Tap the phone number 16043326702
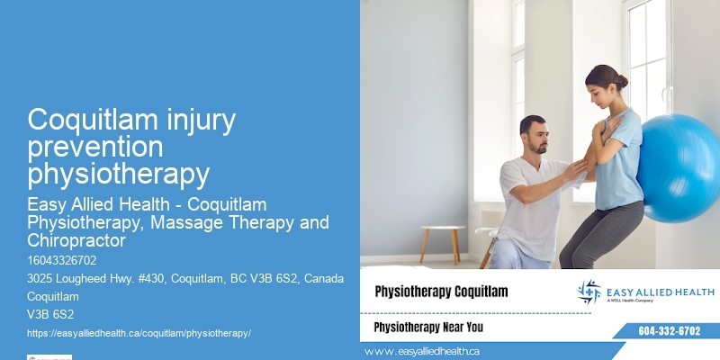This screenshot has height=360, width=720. pos(62,261)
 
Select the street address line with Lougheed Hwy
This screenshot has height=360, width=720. pos(185,278)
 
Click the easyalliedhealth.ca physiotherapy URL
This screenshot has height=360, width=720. pos(139,332)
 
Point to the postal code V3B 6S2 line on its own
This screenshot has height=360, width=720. pos(50,314)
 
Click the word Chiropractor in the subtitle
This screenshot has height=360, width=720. pos(76,240)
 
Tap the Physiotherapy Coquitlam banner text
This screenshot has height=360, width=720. pos(441,292)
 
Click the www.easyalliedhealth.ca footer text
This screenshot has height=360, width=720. pos(422,350)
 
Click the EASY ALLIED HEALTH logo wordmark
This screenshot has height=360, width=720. pos(661,292)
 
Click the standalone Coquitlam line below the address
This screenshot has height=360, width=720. pos(53,296)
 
